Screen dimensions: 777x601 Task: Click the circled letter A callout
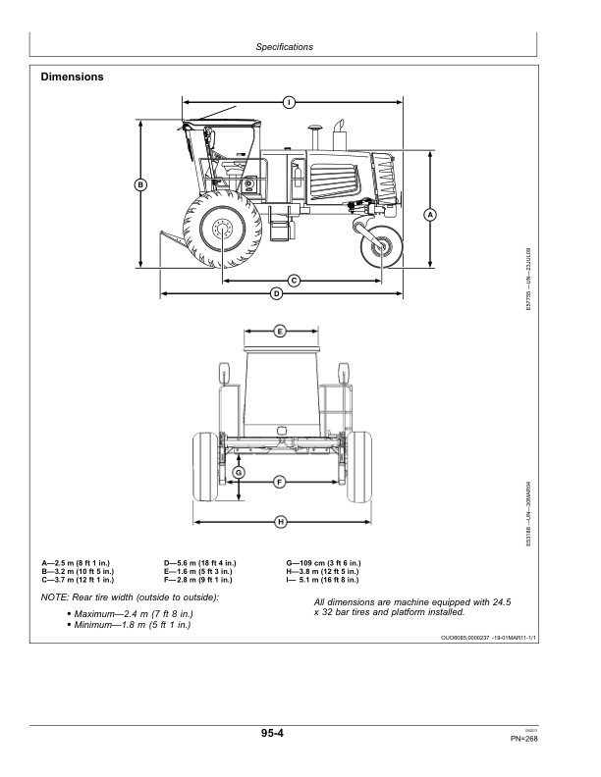pos(429,214)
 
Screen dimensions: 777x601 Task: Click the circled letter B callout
pos(140,183)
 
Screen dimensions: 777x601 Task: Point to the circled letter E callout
pos(279,331)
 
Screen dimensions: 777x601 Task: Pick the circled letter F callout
pos(279,482)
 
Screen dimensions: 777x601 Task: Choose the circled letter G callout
pos(238,473)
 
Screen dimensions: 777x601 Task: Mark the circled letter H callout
pos(280,521)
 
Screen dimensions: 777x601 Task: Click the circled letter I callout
pos(289,102)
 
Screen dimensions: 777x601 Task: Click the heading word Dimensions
pos(73,77)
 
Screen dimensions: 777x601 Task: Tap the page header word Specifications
pos(284,46)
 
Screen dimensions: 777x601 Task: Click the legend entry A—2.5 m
pos(77,562)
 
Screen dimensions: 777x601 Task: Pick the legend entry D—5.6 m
pos(200,562)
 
